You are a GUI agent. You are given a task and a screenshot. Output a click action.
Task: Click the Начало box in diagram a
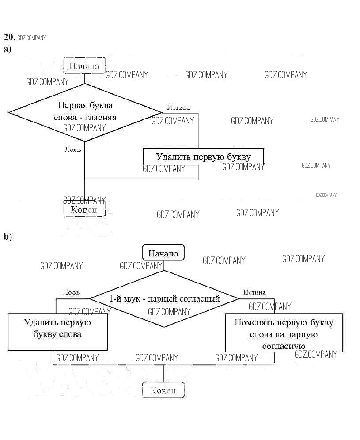click(84, 66)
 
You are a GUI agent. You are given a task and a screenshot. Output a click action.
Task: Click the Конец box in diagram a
click(84, 209)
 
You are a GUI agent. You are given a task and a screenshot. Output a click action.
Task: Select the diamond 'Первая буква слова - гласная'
click(85, 111)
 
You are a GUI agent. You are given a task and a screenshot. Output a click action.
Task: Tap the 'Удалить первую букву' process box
click(203, 157)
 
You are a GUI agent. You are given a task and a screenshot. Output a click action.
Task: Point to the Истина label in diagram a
click(178, 107)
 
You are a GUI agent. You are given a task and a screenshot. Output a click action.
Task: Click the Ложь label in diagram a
click(73, 149)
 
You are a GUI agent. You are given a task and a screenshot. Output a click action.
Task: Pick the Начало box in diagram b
click(163, 253)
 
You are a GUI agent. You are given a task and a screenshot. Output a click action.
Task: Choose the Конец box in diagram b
click(163, 390)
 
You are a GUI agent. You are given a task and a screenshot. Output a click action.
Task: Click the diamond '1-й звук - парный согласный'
click(164, 299)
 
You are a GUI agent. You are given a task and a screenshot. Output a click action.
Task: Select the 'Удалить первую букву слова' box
click(57, 332)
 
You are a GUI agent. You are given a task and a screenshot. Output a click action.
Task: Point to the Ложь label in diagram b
click(71, 292)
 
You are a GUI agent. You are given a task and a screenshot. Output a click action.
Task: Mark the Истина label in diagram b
click(254, 292)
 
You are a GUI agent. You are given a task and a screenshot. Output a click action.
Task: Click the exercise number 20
click(9, 37)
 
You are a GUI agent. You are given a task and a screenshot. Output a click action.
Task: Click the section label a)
click(7, 49)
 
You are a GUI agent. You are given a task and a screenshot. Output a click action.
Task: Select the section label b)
click(8, 237)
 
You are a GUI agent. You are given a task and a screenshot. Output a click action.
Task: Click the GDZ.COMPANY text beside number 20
click(32, 38)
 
